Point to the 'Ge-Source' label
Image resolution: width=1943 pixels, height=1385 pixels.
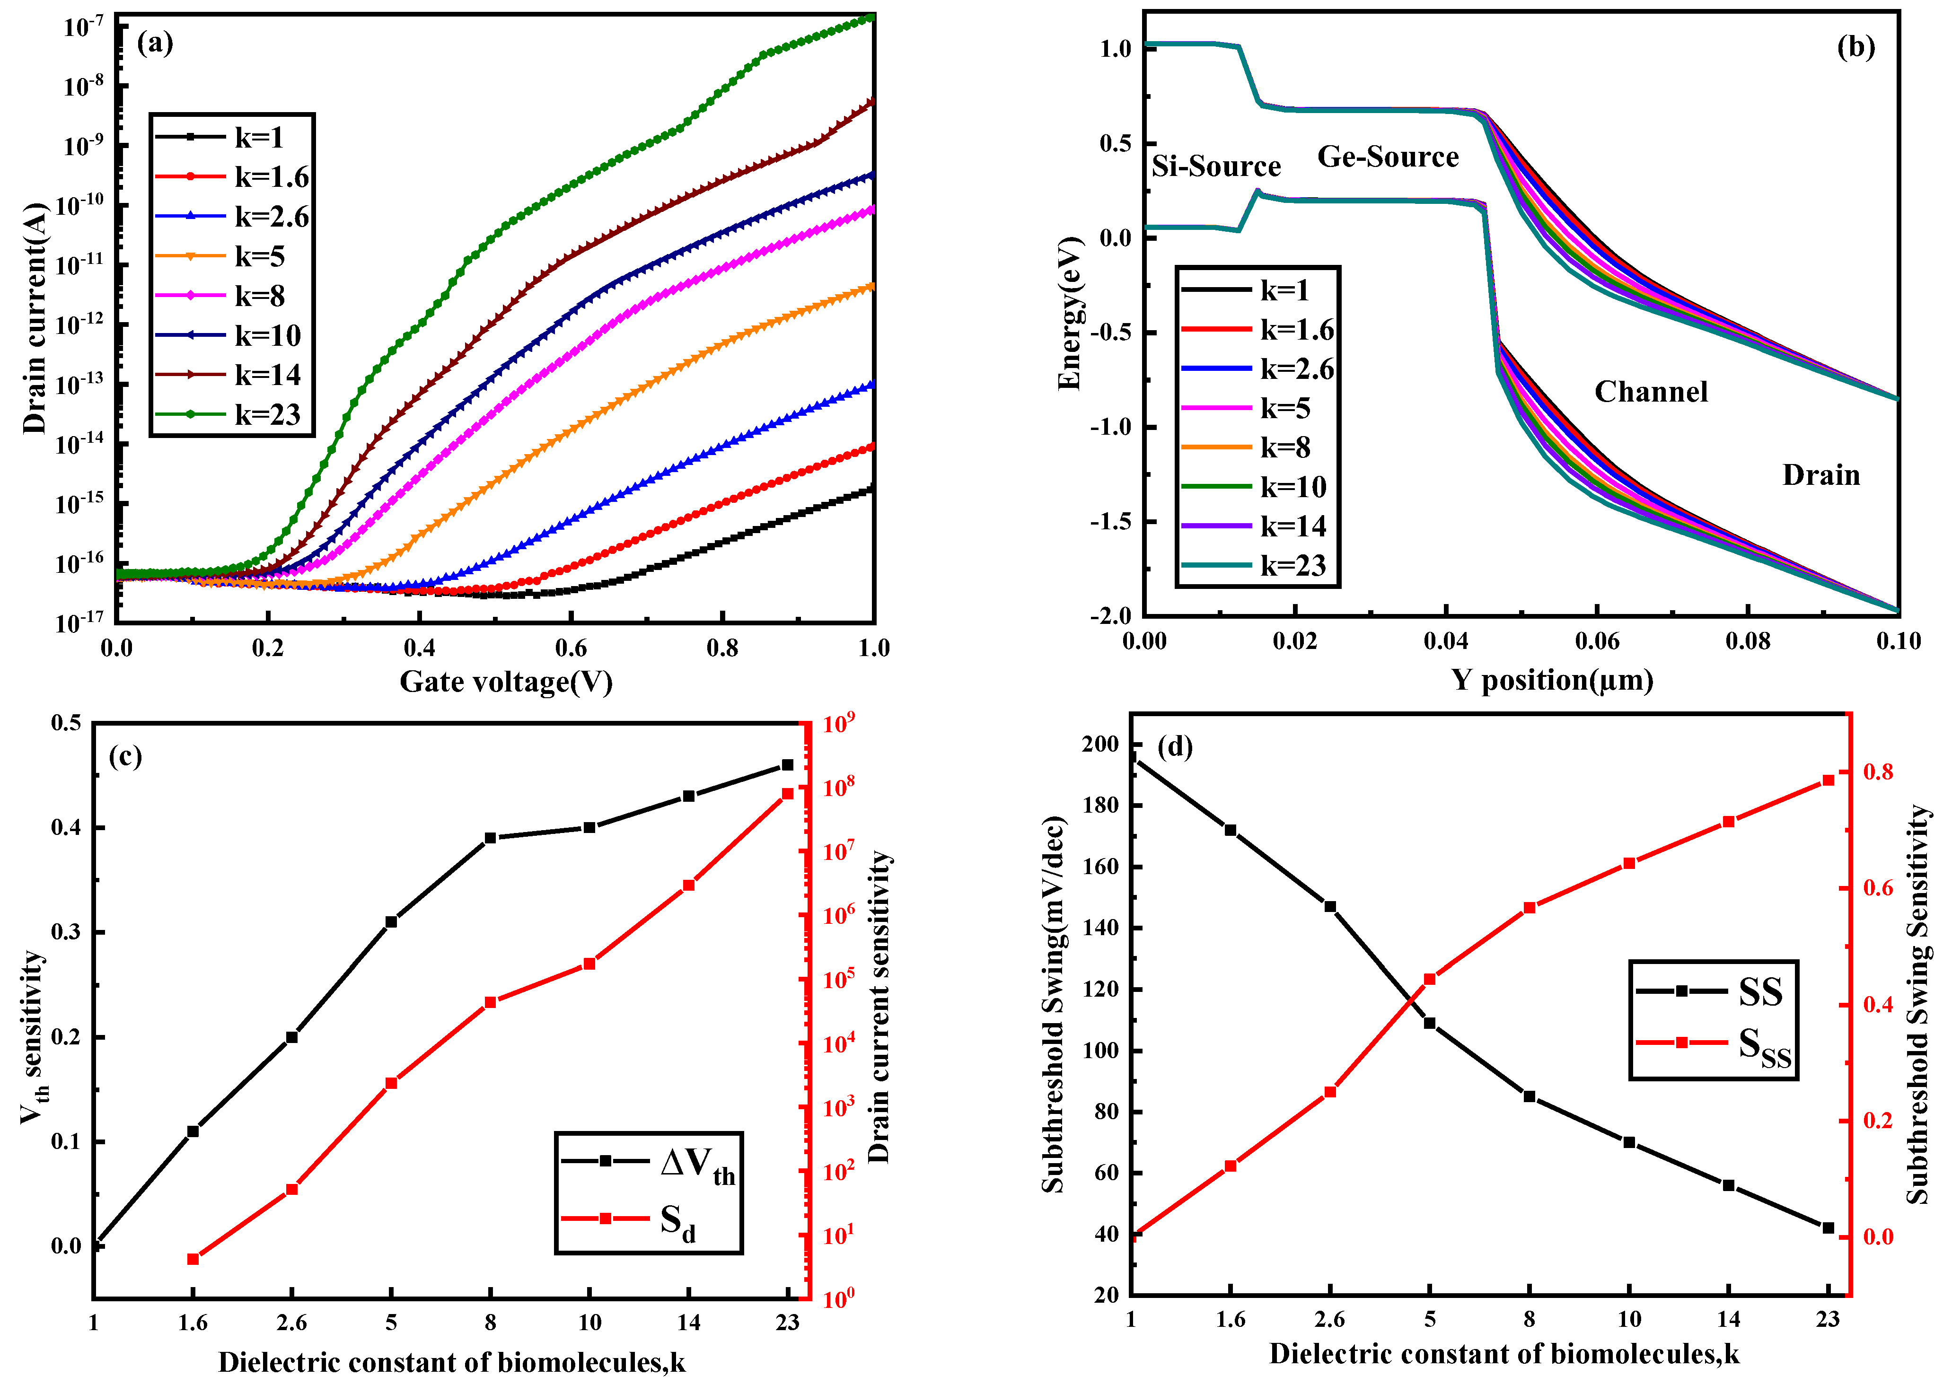click(x=1388, y=157)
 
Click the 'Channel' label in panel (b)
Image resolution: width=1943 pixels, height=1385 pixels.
click(x=1651, y=392)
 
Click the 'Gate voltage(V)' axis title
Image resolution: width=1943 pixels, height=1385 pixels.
click(x=506, y=682)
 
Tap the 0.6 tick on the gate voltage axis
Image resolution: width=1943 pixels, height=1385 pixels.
click(x=571, y=648)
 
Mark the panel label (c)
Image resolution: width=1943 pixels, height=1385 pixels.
click(x=125, y=756)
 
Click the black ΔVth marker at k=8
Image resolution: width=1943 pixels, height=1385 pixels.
click(x=491, y=838)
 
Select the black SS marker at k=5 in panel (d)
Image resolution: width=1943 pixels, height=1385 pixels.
click(x=1430, y=1023)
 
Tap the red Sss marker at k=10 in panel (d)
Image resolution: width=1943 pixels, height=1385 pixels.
click(x=1629, y=863)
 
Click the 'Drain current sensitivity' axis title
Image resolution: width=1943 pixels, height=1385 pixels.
click(x=879, y=1006)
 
